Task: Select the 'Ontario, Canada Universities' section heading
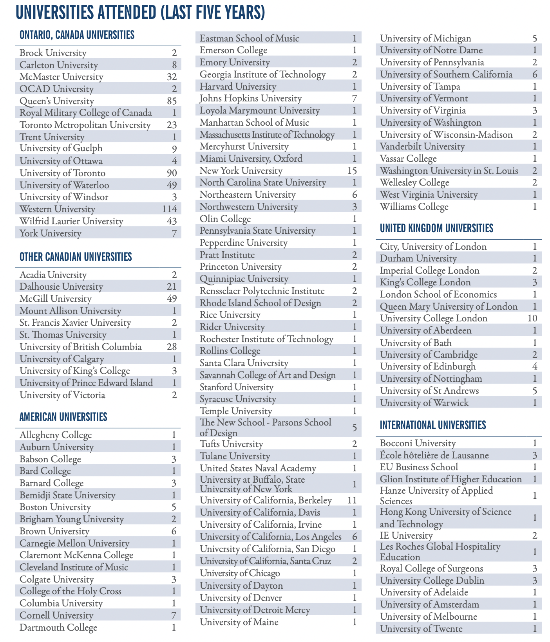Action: pos(77,35)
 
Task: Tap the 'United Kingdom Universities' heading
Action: pos(436,228)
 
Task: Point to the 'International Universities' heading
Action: pos(433,425)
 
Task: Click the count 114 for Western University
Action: pos(169,209)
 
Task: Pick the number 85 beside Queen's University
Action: pos(172,101)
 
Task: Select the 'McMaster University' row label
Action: pos(62,77)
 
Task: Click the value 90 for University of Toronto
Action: pos(172,173)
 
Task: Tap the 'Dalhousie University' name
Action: pos(62,287)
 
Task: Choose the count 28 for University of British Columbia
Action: pos(172,347)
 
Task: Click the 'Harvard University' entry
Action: pos(238,87)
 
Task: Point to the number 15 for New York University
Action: pos(352,171)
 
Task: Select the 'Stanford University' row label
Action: pos(237,388)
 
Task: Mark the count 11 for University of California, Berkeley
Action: pos(352,501)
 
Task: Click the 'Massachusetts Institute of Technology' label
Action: pos(267,135)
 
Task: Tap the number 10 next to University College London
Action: pos(532,318)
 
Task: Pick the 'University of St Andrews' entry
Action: pos(429,391)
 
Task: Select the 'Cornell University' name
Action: pos(56,616)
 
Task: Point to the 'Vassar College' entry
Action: pos(408,159)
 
